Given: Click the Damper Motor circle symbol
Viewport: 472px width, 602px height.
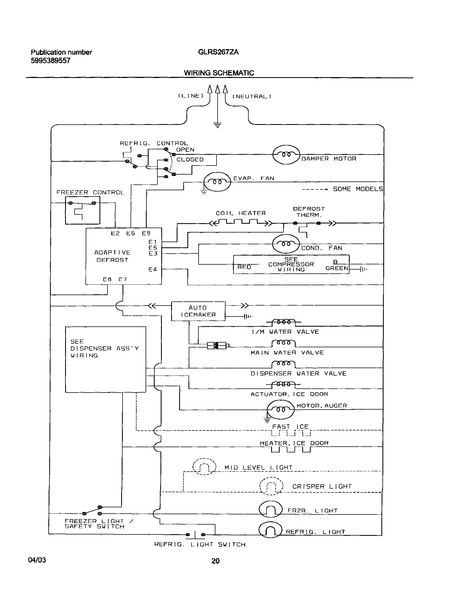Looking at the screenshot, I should point(286,155).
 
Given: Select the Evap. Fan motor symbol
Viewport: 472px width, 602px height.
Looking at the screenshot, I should point(217,182).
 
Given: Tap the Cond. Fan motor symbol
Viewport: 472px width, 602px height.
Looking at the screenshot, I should point(286,244).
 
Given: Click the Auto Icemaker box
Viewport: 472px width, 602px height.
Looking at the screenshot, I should point(198,311).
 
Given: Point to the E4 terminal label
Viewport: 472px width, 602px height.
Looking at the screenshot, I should point(152,269).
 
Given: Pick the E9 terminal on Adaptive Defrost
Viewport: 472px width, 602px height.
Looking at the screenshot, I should point(146,233).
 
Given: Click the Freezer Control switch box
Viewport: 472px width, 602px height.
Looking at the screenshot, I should point(82,210).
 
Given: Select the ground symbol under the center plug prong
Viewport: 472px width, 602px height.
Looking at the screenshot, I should point(218,125).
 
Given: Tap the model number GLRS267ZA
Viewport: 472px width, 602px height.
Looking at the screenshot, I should point(218,52).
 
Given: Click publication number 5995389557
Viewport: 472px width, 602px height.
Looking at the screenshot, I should point(51,61).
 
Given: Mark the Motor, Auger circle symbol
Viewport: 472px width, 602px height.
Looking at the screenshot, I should point(281,410).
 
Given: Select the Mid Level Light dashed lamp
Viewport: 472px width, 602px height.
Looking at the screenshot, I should point(204,467).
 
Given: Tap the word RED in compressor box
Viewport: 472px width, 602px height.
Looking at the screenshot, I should point(244,267).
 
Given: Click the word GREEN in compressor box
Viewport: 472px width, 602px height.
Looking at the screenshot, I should point(337,268).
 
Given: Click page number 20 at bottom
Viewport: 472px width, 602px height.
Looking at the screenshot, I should point(215,561).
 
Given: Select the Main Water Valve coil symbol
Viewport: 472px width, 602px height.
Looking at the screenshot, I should point(284,343).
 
